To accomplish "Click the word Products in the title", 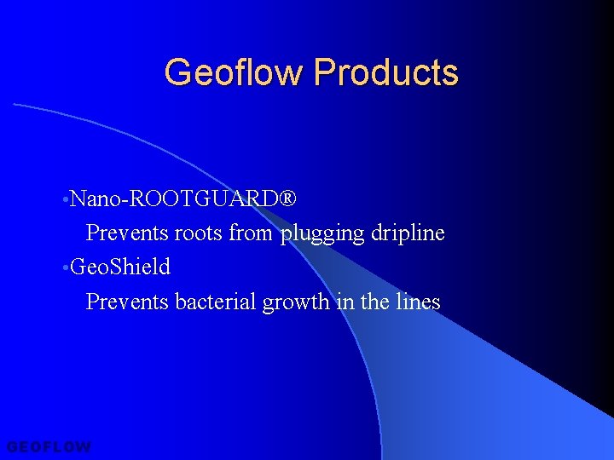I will (385, 72).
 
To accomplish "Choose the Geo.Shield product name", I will (120, 267).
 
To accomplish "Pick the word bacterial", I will (216, 302).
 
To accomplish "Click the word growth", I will (295, 302).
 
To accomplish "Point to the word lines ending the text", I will (418, 302).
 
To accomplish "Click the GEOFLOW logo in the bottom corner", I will (48, 446).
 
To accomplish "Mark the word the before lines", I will (378, 302).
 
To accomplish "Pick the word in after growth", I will (345, 302).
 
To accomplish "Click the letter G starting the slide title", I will (177, 72).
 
